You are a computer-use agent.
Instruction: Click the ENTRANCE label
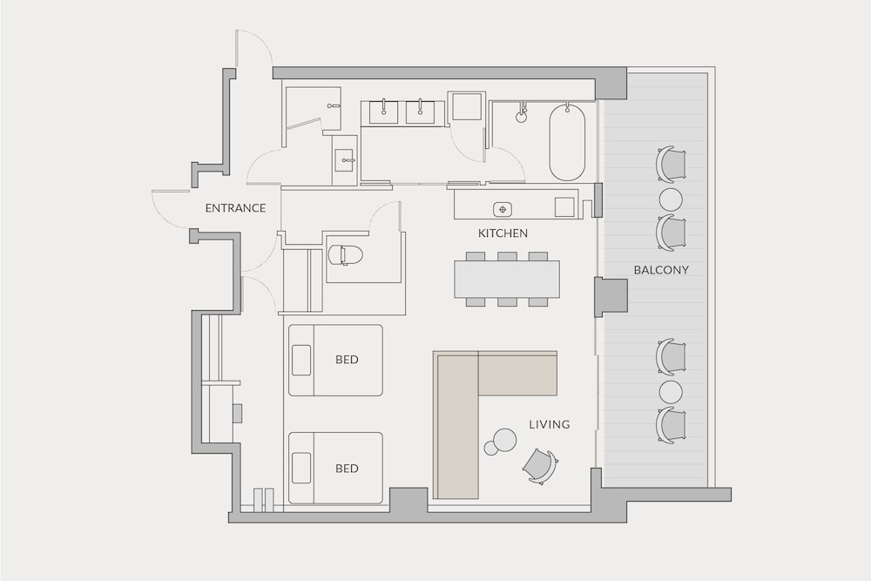[235, 208]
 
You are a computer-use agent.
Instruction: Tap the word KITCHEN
[503, 233]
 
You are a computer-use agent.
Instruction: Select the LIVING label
[550, 425]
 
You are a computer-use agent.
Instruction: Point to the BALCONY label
[661, 270]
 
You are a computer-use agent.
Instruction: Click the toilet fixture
[345, 255]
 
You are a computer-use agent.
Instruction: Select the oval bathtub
[567, 142]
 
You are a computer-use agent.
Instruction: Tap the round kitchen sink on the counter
[503, 209]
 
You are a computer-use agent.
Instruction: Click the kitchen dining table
[507, 279]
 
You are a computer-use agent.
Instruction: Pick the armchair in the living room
[540, 465]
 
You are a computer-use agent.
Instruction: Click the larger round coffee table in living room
[505, 439]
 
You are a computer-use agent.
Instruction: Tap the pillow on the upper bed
[301, 360]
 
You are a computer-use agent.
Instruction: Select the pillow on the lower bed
[301, 468]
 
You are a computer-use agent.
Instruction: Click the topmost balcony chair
[671, 164]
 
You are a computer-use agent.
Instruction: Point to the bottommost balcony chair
[671, 425]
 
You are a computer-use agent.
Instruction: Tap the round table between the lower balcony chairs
[671, 392]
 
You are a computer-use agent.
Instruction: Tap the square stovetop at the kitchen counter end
[565, 206]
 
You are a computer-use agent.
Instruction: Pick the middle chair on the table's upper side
[507, 256]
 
